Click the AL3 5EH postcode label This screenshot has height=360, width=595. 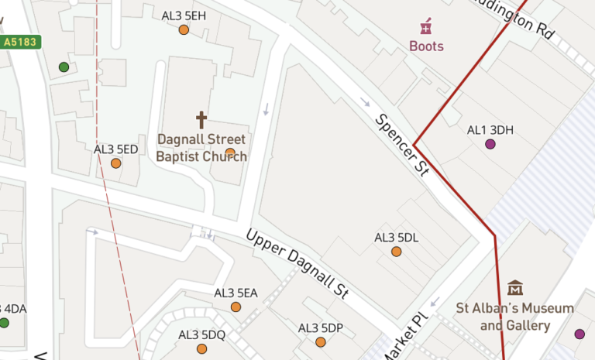tap(184, 15)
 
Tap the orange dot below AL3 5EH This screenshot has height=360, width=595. tap(184, 30)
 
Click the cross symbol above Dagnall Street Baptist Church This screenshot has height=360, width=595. tap(201, 120)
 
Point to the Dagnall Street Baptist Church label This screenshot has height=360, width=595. tap(201, 148)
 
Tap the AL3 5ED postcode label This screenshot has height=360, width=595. tap(115, 149)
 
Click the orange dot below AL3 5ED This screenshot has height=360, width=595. tap(115, 163)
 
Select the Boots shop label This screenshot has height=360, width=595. tap(427, 46)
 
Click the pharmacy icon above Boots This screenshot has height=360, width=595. tap(425, 28)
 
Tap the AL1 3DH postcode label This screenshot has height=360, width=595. tap(490, 129)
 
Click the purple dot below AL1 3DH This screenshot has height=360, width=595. tap(490, 144)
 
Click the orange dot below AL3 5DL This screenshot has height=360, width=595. tap(396, 252)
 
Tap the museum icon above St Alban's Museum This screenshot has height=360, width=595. tap(515, 288)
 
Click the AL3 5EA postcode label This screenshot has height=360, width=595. tap(236, 293)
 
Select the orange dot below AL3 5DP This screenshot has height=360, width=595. tap(320, 342)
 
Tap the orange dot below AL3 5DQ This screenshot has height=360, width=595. tap(201, 348)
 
